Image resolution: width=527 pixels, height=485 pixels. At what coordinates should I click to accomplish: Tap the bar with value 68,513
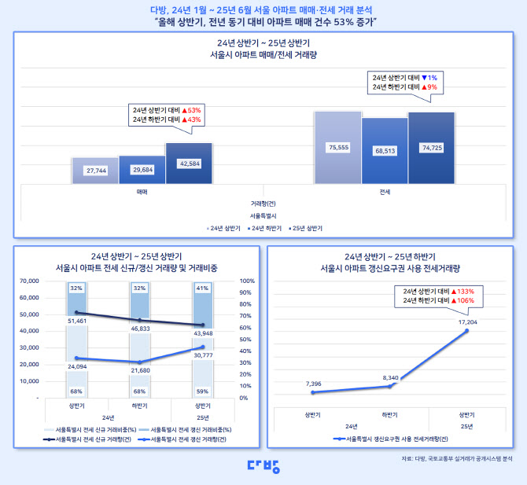point(385,150)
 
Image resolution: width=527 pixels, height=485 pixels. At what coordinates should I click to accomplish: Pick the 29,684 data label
point(142,169)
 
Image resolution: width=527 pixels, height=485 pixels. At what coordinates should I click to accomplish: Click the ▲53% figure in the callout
point(191,110)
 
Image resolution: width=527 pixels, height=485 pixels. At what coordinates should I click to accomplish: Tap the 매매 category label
point(142,191)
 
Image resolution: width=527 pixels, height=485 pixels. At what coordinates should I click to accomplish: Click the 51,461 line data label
point(77,321)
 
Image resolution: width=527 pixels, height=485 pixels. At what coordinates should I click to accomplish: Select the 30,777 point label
point(202,356)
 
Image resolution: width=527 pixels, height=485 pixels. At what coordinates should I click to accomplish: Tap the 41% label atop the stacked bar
point(202,288)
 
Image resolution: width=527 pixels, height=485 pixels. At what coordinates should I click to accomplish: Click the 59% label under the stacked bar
point(202,391)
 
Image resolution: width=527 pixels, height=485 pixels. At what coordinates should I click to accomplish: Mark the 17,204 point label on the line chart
point(467,323)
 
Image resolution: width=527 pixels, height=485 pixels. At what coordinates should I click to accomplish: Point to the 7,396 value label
point(312,383)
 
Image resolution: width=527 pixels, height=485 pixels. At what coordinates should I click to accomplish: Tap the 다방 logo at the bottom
point(263,465)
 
